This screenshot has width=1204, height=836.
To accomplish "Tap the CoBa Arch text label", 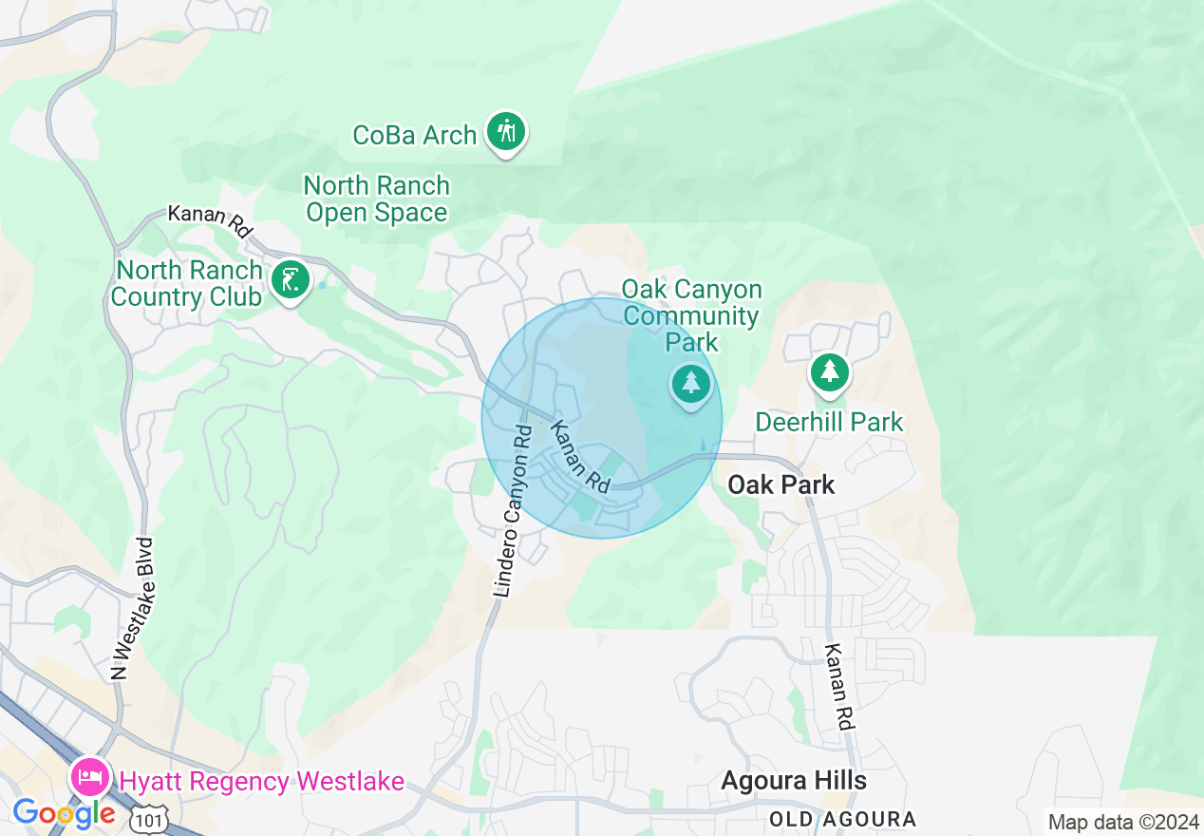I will pyautogui.click(x=414, y=136).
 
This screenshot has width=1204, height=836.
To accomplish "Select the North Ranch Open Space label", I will pyautogui.click(x=376, y=199).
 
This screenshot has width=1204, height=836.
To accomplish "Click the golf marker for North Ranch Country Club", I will pyautogui.click(x=290, y=280).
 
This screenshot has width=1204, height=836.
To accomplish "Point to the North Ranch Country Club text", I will pyautogui.click(x=187, y=283).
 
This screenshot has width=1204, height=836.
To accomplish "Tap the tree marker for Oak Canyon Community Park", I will pyautogui.click(x=690, y=385).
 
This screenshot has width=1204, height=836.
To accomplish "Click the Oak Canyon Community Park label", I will pyautogui.click(x=691, y=315).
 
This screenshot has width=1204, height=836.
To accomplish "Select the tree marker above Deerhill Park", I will pyautogui.click(x=830, y=370).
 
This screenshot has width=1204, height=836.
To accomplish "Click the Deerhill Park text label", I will pyautogui.click(x=829, y=422).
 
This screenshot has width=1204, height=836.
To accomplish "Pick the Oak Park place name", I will pyautogui.click(x=781, y=484).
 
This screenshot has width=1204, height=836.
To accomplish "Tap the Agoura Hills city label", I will pyautogui.click(x=793, y=781).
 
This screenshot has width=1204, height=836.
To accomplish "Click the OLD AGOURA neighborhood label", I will pyautogui.click(x=842, y=819).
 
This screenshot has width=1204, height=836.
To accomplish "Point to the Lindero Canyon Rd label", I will pyautogui.click(x=512, y=511).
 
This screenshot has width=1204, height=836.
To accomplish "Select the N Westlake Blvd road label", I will pyautogui.click(x=131, y=609).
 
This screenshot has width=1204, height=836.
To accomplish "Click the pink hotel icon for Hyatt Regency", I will pyautogui.click(x=90, y=779).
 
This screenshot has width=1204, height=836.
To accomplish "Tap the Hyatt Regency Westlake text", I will pyautogui.click(x=261, y=782).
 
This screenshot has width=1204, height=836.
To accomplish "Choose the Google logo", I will pyautogui.click(x=64, y=813).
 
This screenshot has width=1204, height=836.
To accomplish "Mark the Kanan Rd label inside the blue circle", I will pyautogui.click(x=580, y=456).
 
